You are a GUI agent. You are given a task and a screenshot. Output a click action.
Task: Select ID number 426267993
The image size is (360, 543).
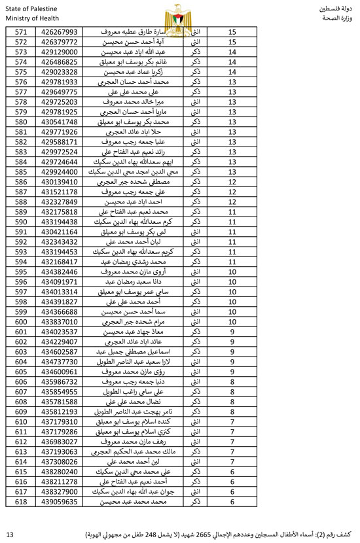click(60, 31)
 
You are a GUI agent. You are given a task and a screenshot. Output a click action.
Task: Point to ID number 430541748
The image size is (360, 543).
click(60, 122)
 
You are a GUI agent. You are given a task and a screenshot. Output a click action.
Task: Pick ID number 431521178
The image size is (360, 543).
click(60, 192)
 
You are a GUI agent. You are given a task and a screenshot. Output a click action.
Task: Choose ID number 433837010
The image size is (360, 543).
click(60, 321)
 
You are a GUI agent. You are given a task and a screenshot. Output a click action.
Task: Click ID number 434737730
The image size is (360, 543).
click(60, 361)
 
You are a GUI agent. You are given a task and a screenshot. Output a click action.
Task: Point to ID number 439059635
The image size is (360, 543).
click(60, 501)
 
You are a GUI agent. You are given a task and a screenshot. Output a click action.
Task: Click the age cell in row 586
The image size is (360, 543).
click(232, 182)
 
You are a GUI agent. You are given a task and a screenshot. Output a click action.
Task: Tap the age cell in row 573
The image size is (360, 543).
click(232, 52)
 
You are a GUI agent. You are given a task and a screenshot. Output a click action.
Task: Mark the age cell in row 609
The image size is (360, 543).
click(232, 412)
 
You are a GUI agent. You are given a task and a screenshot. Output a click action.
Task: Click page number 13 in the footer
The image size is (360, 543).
click(9, 534)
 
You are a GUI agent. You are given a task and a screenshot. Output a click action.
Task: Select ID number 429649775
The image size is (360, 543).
click(60, 92)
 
